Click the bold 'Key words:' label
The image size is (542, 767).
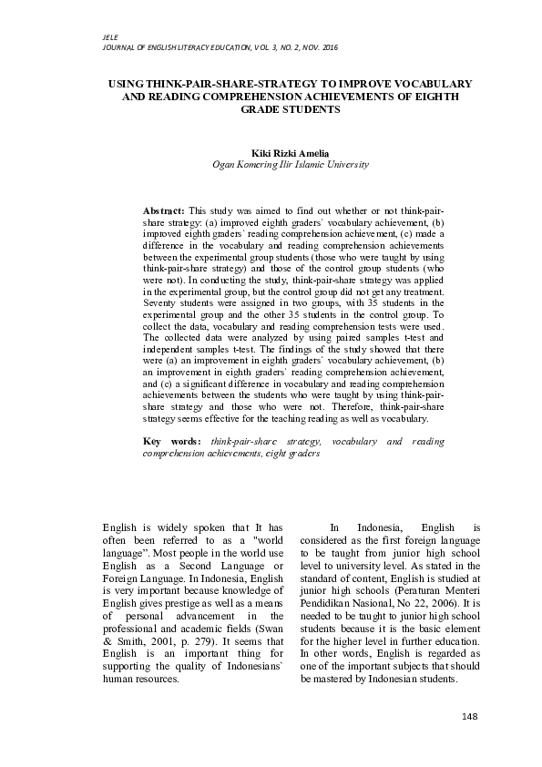(173, 442)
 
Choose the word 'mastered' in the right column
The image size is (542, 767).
(349, 679)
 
